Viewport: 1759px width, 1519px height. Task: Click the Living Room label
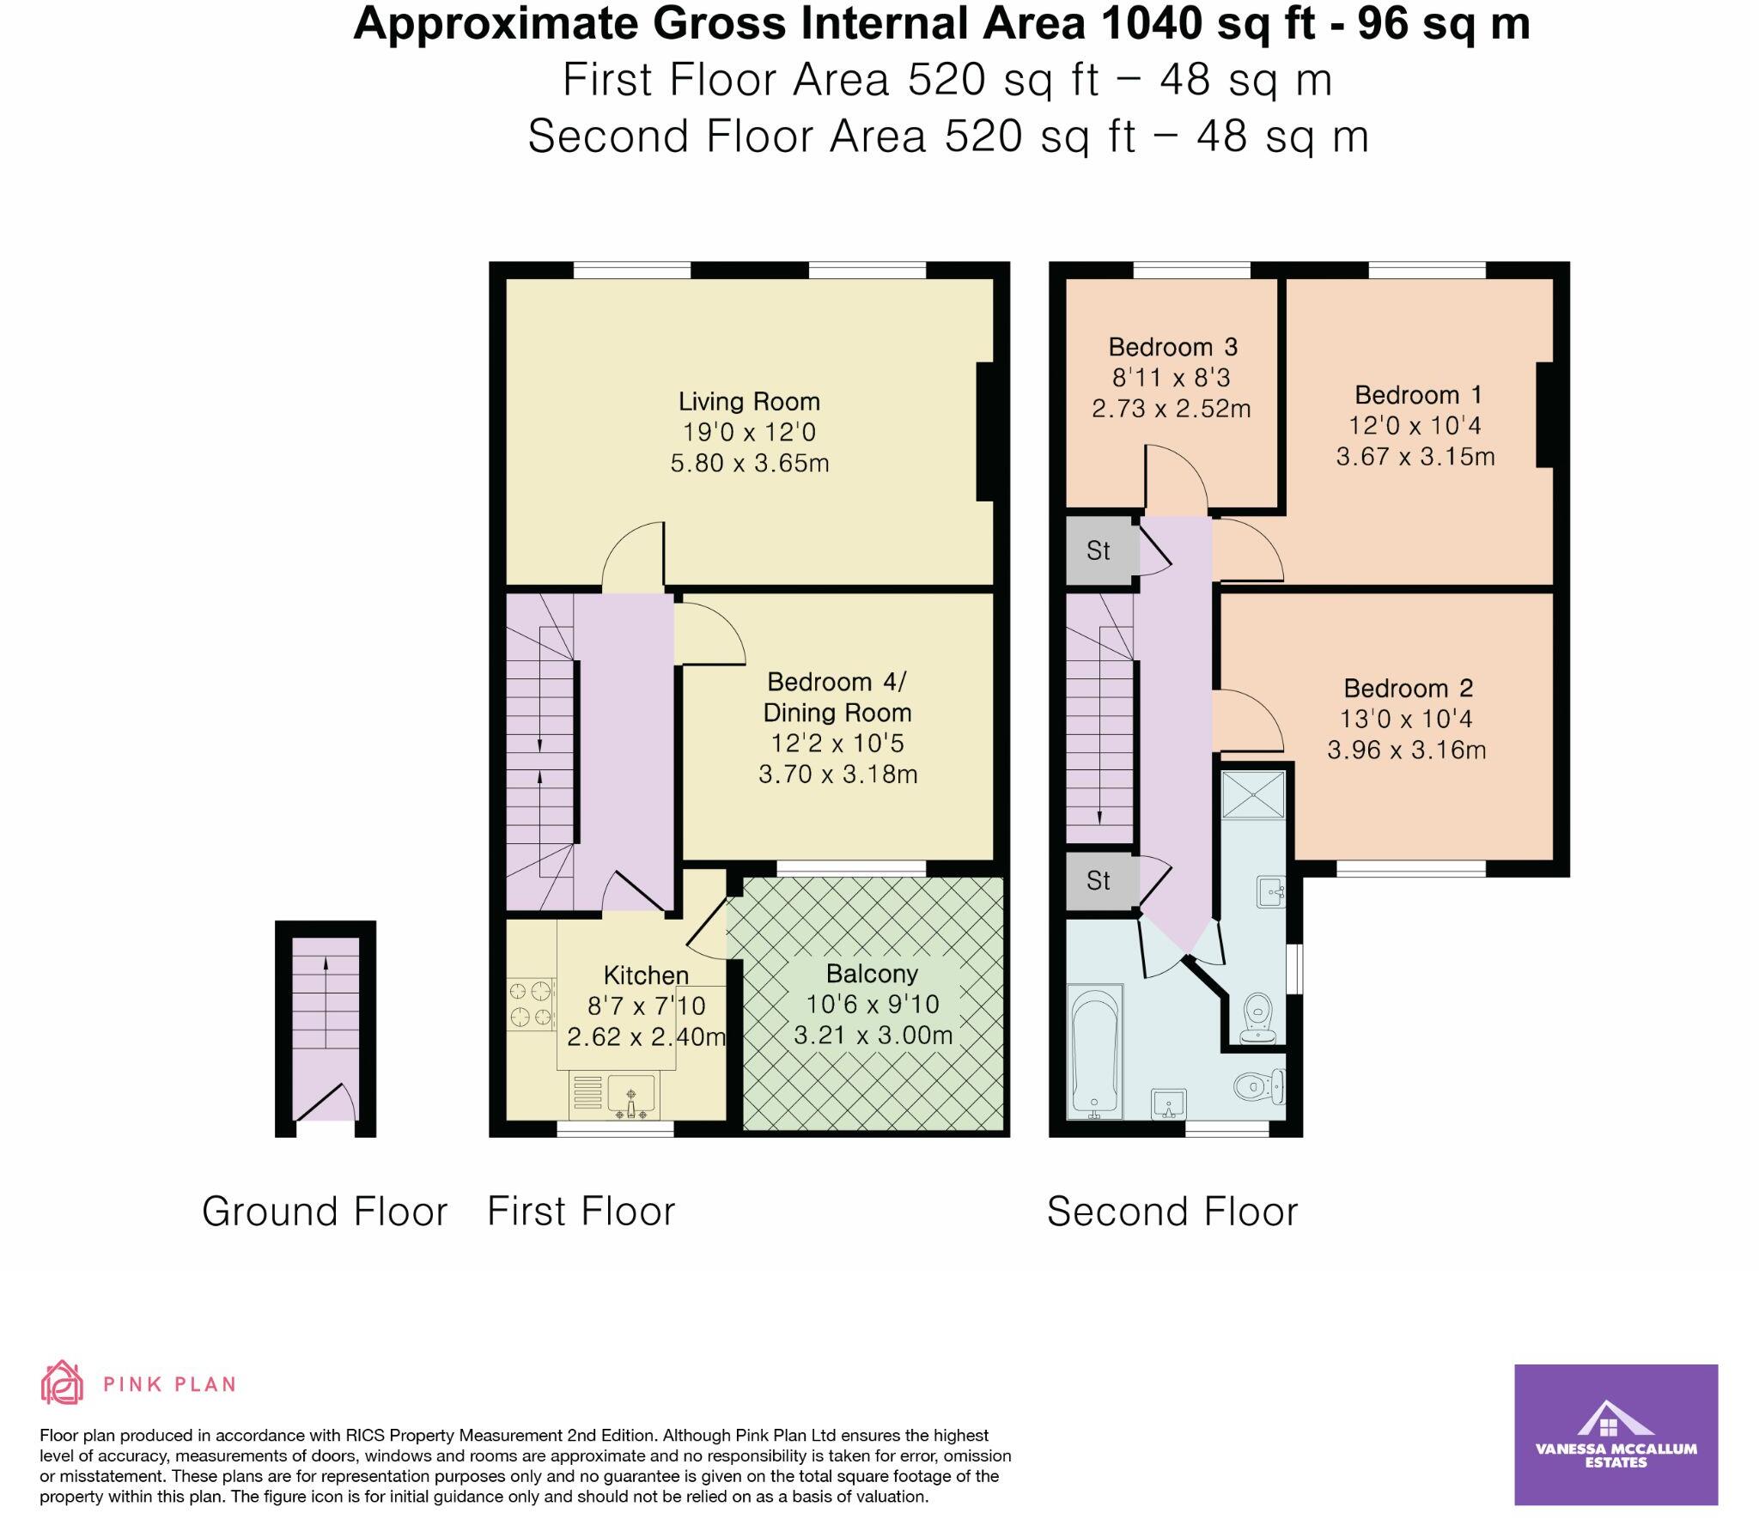[749, 401]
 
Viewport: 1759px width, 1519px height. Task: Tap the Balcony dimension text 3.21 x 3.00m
[873, 1036]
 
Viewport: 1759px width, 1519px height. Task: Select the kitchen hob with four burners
[531, 1005]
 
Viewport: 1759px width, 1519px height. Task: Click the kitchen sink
[631, 1096]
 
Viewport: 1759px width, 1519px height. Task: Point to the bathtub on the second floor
[1094, 1052]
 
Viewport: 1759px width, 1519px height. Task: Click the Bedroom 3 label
[1172, 347]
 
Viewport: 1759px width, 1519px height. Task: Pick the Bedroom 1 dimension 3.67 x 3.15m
[1415, 456]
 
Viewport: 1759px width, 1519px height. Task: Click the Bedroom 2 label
[1409, 688]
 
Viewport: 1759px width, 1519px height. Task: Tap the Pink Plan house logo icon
[63, 1383]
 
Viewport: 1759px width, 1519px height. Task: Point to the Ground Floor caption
[325, 1212]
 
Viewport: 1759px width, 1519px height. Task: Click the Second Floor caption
[1172, 1212]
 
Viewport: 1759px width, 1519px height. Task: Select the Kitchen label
[646, 975]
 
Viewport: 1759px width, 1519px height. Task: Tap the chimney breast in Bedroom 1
[1545, 416]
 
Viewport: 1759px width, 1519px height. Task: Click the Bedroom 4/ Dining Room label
[837, 697]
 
